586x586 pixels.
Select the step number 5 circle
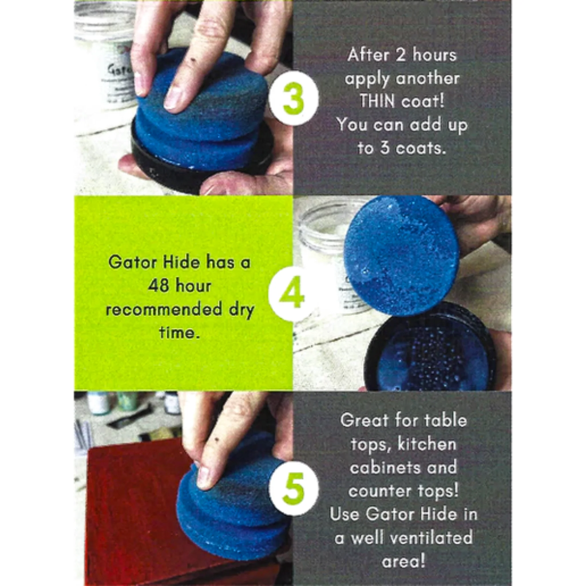pyautogui.click(x=293, y=489)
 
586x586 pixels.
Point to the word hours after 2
pyautogui.click(x=434, y=56)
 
